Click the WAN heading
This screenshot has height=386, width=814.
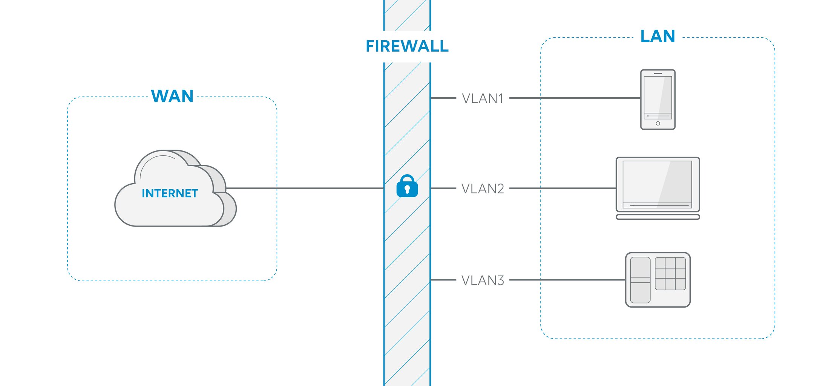pos(172,96)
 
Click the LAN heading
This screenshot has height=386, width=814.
pos(658,37)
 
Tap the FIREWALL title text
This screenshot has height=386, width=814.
pos(407,46)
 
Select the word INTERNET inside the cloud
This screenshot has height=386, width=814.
pos(170,193)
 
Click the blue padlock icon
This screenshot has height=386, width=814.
pos(407,186)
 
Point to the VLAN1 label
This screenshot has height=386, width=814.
pos(483,99)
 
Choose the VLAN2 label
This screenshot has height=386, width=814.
pos(483,189)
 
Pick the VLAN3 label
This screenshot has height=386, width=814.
pos(483,280)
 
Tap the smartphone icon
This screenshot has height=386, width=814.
pos(658,100)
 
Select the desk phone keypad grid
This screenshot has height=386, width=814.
pos(670,274)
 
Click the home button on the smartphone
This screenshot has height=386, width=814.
pos(658,124)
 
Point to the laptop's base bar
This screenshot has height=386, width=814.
pos(658,217)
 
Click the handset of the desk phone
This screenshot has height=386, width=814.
pos(640,280)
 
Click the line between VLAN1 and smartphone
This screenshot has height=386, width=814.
pos(573,98)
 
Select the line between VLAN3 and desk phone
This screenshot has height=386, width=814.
pos(566,280)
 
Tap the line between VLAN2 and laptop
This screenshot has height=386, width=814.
pos(562,188)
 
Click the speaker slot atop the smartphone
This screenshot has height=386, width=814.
pos(658,73)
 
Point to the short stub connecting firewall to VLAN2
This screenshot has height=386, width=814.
pos(443,188)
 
